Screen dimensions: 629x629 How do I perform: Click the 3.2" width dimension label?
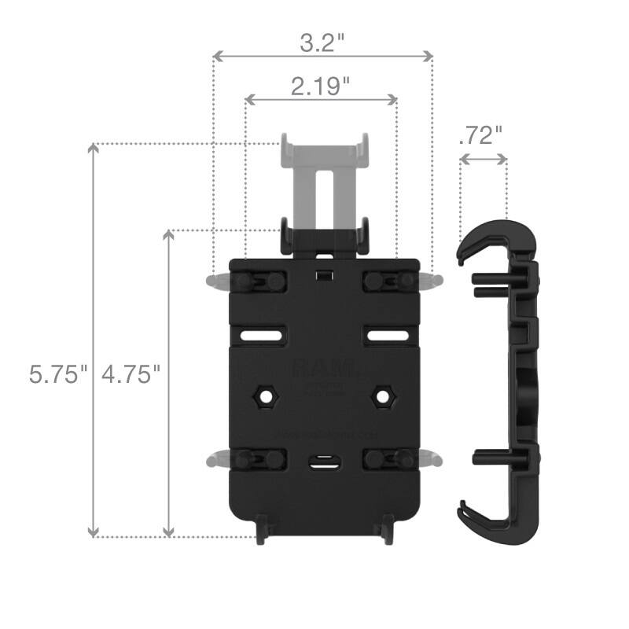pyautogui.click(x=323, y=42)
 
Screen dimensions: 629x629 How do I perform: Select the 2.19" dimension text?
pyautogui.click(x=320, y=86)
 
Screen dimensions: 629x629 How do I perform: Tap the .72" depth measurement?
pyautogui.click(x=480, y=135)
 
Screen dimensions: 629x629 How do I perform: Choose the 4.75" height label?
pyautogui.click(x=131, y=373)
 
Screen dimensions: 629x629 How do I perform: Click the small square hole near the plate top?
pyautogui.click(x=323, y=275)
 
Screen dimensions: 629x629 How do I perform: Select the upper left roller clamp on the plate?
pyautogui.click(x=256, y=281)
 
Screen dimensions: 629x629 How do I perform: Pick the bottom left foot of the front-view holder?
pyautogui.click(x=263, y=532)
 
